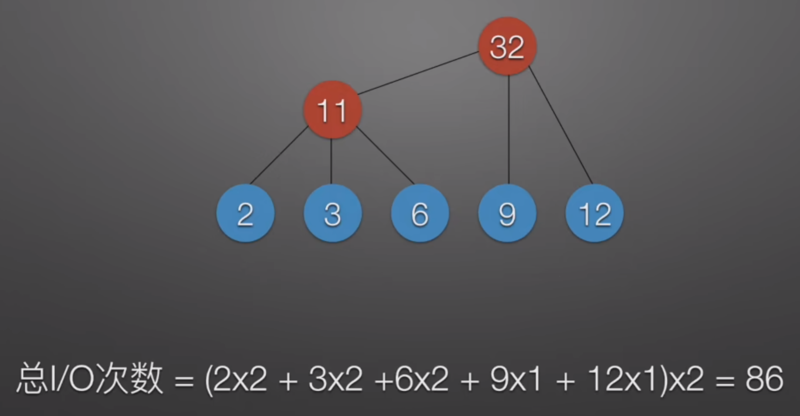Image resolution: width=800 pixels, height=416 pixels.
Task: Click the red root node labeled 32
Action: pos(507,46)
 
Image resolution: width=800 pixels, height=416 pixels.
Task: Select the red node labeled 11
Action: pos(332,110)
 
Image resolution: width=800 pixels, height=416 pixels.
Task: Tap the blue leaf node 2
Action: pos(245,214)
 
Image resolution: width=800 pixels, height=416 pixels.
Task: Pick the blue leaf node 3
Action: pos(332,214)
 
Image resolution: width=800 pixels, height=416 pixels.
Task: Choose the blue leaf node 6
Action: pos(420,214)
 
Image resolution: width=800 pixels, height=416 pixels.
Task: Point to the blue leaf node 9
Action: pos(507,214)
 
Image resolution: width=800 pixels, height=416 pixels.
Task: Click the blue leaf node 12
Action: pos(594,214)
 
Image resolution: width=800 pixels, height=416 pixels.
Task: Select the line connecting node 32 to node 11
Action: pos(418,73)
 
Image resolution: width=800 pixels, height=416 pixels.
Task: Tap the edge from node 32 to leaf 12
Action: pos(561,126)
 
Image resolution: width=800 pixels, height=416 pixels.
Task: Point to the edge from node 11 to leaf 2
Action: pos(279,155)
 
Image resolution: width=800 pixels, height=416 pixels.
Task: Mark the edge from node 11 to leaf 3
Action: pos(331,161)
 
